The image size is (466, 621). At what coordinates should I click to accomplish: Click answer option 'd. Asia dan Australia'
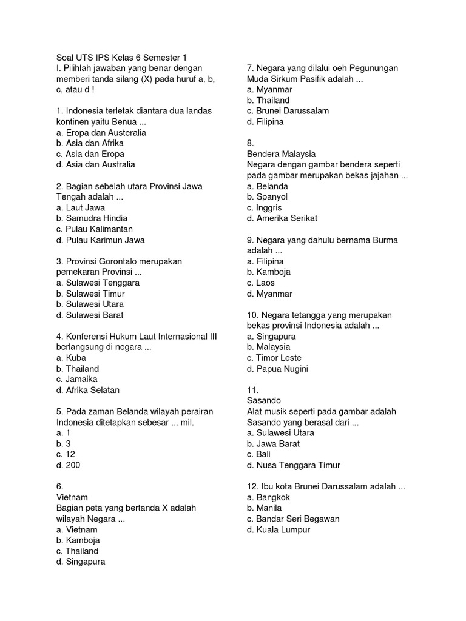coord(95,164)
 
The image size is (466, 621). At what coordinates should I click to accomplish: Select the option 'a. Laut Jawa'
coord(80,207)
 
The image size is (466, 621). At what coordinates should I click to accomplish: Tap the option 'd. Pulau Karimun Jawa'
coord(100,240)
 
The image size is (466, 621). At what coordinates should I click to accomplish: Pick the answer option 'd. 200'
coord(68,465)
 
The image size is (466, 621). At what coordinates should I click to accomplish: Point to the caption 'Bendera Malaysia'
coord(281,154)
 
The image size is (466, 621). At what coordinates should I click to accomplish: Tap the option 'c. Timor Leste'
coord(274,358)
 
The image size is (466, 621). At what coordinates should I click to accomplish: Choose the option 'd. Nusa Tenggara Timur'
coord(294,465)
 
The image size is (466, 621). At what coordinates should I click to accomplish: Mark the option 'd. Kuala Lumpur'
coord(279,529)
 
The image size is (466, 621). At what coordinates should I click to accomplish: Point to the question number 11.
coord(253,390)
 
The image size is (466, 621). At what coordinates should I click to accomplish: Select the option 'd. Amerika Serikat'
coord(282,218)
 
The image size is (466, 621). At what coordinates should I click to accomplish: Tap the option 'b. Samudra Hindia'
coord(92,218)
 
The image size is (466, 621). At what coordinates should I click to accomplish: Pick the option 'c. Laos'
coord(261,283)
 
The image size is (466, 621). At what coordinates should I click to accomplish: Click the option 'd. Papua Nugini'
coord(277,369)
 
